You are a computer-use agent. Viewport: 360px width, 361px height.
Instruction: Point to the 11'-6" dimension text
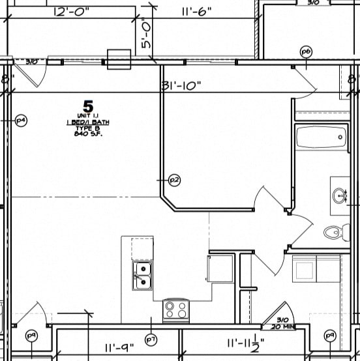(x=197, y=11)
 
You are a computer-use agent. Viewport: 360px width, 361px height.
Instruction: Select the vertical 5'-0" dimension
(x=146, y=35)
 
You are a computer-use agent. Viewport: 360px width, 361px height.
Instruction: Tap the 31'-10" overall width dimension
(x=181, y=85)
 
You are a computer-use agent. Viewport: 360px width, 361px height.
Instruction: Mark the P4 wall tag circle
(x=21, y=120)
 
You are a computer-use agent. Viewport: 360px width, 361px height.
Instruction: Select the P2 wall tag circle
(x=173, y=179)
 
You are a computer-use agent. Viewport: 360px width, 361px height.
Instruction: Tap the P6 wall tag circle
(x=305, y=51)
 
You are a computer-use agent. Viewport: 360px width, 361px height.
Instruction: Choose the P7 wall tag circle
(x=151, y=339)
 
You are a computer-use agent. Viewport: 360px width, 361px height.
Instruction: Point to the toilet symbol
(x=334, y=231)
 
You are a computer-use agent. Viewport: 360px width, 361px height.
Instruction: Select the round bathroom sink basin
(x=339, y=194)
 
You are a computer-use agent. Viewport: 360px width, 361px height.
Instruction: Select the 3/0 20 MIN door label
(x=282, y=323)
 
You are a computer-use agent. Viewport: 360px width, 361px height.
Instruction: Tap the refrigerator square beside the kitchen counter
(x=220, y=268)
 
